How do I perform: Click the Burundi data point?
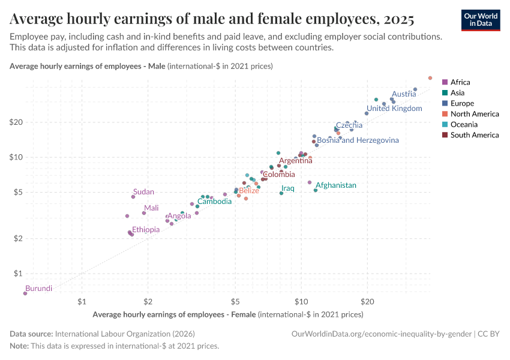tap(25, 293)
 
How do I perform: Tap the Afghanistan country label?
tap(336, 185)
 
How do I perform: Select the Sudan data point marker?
tap(133, 197)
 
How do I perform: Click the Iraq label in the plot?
tap(288, 188)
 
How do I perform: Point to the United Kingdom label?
tap(394, 109)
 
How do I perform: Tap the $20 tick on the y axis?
tap(16, 122)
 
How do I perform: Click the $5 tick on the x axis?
tap(235, 302)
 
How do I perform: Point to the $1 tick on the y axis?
tap(18, 274)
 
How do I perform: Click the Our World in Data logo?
tap(481, 20)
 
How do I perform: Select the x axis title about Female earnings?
tap(228, 314)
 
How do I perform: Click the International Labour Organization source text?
tap(124, 334)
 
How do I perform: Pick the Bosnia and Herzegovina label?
tap(358, 140)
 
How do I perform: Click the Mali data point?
tap(144, 213)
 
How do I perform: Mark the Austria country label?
tap(404, 94)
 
